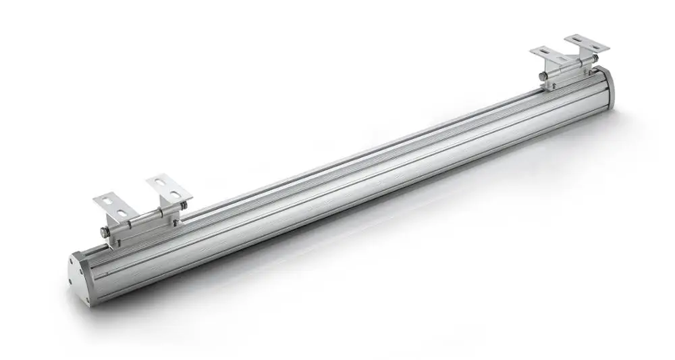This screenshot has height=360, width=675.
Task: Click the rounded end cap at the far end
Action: pos(609,85)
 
